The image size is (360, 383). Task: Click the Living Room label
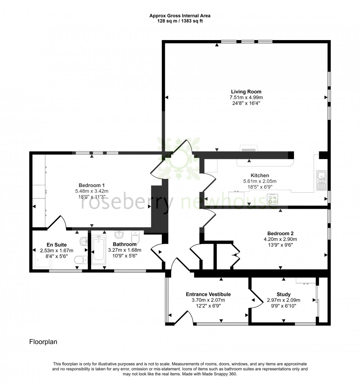pyautogui.click(x=246, y=92)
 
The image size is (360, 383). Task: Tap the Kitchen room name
pyautogui.click(x=260, y=175)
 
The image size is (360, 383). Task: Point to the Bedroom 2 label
pyautogui.click(x=280, y=233)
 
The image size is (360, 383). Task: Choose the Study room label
pyautogui.click(x=284, y=294)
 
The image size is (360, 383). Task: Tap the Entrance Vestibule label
pyautogui.click(x=208, y=294)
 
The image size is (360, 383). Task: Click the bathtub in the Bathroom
pyautogui.click(x=98, y=250)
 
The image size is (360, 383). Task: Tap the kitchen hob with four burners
pyautogui.click(x=273, y=199)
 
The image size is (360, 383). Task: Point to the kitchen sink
pyautogui.click(x=321, y=180)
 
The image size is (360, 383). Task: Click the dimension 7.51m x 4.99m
pyautogui.click(x=246, y=97)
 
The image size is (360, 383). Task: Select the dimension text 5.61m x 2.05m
pyautogui.click(x=260, y=181)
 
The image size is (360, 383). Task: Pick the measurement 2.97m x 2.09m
pyautogui.click(x=284, y=300)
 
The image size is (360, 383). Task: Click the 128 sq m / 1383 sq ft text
pyautogui.click(x=180, y=21)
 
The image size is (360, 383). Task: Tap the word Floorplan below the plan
pyautogui.click(x=43, y=342)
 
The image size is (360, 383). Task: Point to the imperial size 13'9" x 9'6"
pyautogui.click(x=280, y=245)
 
